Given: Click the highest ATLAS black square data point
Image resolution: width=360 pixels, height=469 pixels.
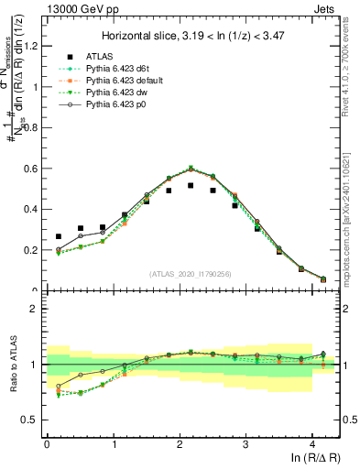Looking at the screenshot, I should point(191,185).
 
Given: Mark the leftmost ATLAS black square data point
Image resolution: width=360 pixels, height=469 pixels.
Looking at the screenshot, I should point(59,236).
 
